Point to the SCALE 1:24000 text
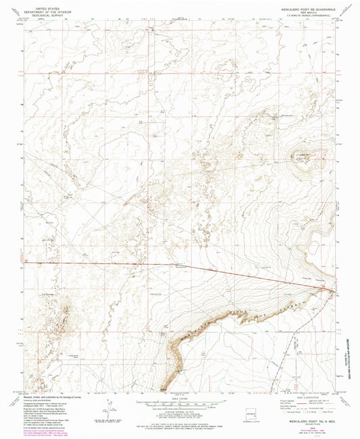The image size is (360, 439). click(x=180, y=396)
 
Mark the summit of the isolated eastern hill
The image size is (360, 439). click(x=302, y=157)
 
